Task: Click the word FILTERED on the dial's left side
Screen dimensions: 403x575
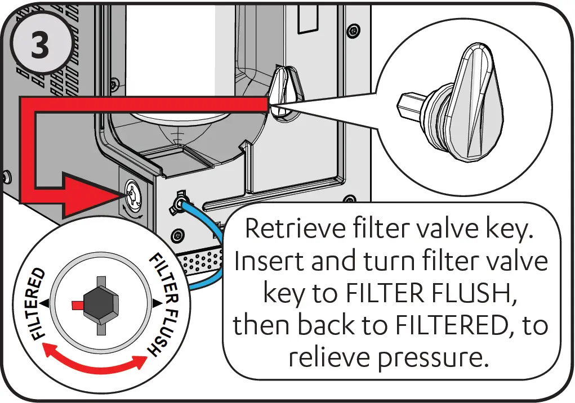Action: coord(37,303)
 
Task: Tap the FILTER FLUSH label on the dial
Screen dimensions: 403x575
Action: coord(164,304)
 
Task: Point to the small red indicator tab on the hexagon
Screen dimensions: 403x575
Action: coord(78,304)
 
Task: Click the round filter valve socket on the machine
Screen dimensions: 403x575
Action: coord(134,193)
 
